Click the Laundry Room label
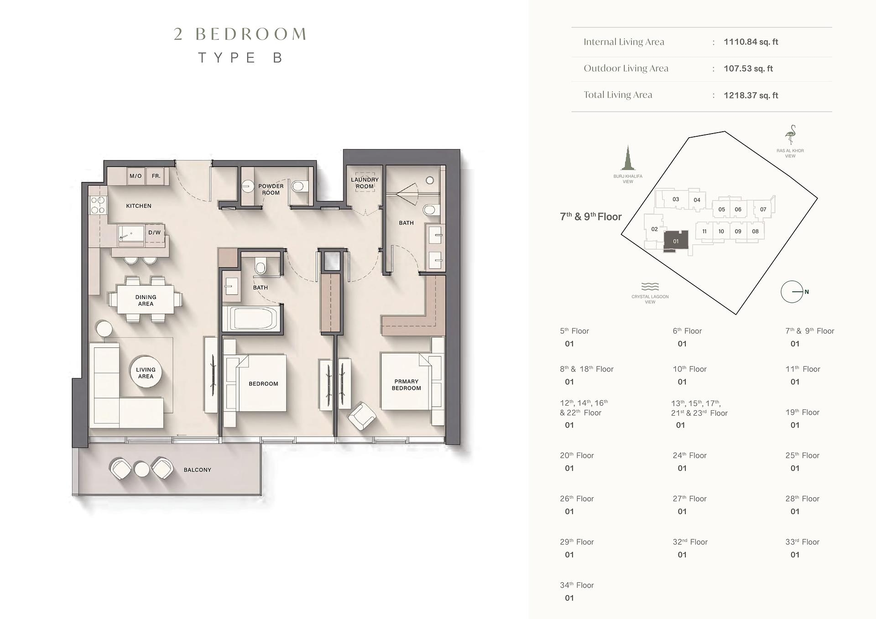click(365, 183)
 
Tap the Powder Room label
click(271, 189)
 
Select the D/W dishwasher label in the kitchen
click(155, 232)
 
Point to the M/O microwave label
click(136, 176)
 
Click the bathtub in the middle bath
click(251, 318)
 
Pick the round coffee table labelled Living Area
click(146, 372)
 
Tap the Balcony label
click(197, 469)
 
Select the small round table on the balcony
click(142, 469)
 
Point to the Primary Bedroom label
click(406, 385)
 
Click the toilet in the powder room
click(298, 186)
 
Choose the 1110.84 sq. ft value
click(751, 42)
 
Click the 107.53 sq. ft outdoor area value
click(748, 69)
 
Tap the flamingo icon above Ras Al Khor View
click(790, 135)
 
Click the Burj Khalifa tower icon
click(628, 158)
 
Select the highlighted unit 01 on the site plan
click(675, 240)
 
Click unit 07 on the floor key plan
click(763, 210)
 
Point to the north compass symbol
click(792, 292)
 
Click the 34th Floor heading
click(577, 585)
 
